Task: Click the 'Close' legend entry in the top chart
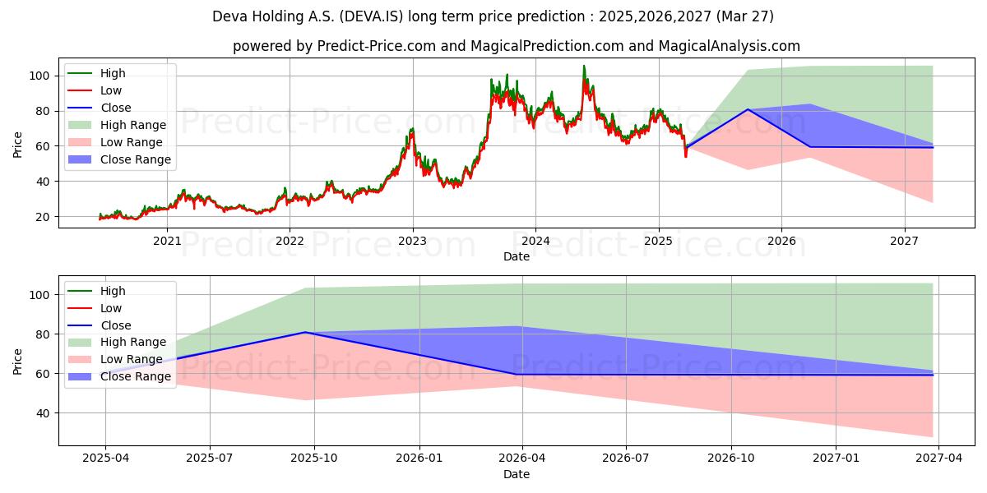[x=117, y=108]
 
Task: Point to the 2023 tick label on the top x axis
[x=412, y=241]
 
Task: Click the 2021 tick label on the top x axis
[x=167, y=241]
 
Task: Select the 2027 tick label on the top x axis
[x=904, y=241]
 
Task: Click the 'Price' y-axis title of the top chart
[x=18, y=144]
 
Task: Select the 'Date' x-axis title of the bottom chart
[x=516, y=474]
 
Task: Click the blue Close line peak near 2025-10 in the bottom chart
[x=305, y=332]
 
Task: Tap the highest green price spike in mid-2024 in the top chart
[x=584, y=66]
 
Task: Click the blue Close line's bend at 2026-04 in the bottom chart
[x=516, y=375]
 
